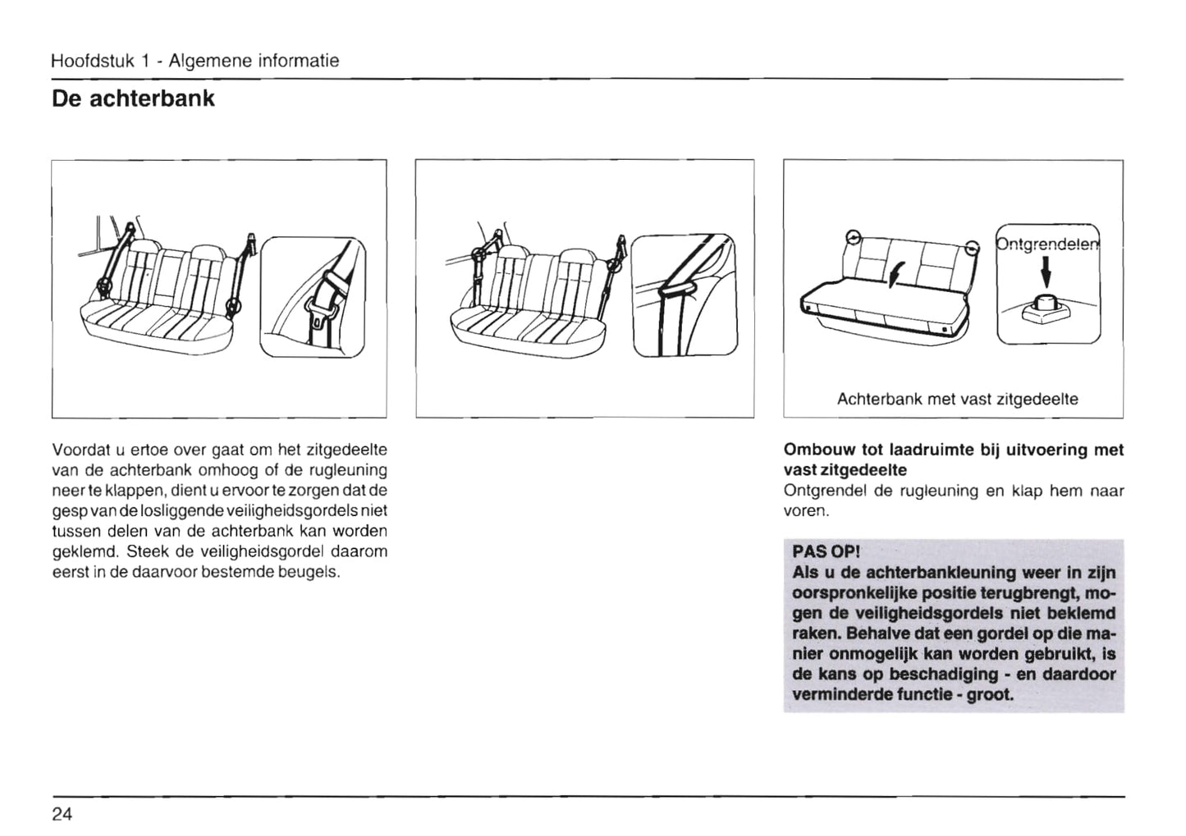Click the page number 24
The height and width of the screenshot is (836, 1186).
click(62, 814)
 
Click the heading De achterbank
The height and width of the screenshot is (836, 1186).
click(133, 98)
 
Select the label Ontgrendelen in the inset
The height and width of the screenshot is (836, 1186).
click(1048, 244)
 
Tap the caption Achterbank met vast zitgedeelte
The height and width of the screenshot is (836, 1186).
click(957, 400)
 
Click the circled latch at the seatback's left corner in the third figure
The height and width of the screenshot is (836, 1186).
click(854, 238)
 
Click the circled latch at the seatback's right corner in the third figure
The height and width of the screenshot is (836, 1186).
click(971, 247)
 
